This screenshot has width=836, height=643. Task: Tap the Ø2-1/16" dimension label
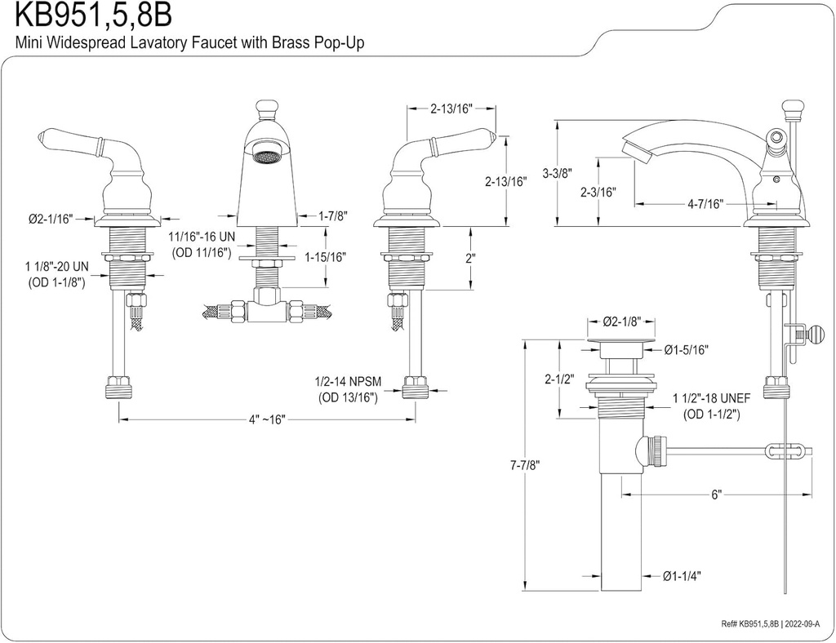50,218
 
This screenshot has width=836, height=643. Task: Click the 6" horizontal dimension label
716,495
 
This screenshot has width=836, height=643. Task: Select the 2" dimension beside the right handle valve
469,259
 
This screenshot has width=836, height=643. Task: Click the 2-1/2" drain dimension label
559,379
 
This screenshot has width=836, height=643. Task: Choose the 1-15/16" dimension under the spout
325,256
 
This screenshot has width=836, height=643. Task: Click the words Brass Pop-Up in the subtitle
318,44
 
